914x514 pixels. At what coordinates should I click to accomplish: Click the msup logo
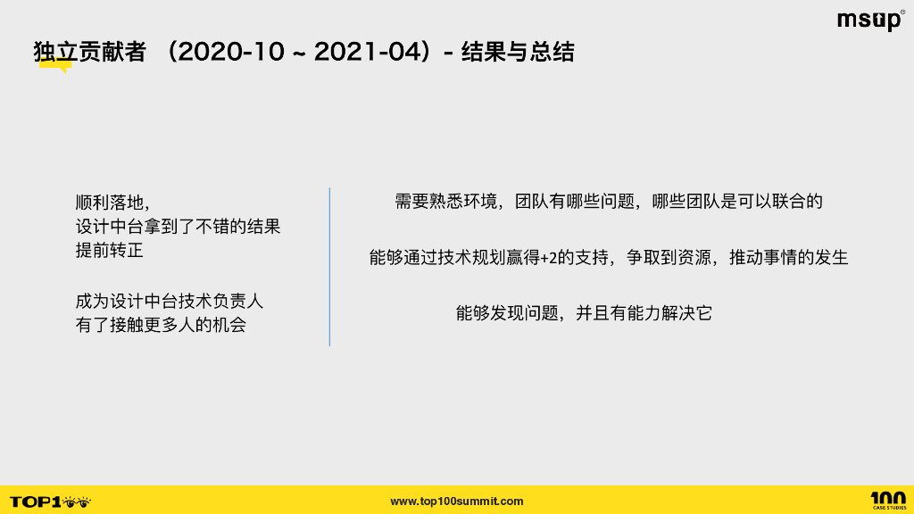870,21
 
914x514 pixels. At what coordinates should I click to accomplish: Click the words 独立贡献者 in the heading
89,53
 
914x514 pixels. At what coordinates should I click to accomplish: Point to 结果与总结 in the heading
518,53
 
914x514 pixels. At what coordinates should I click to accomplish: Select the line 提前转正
109,251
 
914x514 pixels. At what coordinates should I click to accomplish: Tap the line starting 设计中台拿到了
178,227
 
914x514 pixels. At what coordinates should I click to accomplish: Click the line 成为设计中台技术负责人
169,301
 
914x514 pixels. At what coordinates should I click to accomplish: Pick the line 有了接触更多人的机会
161,325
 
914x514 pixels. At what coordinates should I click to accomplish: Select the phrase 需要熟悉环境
451,202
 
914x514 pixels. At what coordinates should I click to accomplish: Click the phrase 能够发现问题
506,313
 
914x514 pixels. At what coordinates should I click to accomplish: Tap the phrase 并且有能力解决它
644,313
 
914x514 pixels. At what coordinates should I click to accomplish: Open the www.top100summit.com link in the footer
457,502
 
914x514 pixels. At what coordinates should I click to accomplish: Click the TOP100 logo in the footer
50,502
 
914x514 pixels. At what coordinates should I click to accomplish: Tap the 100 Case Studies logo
888,500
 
